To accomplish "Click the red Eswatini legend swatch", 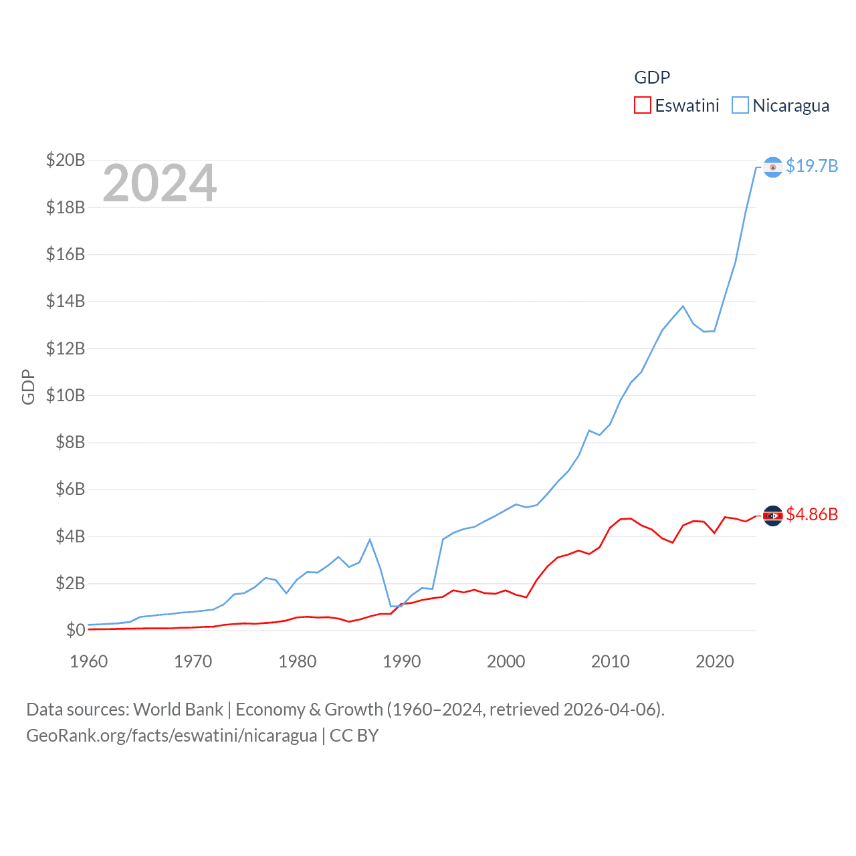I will pos(642,106).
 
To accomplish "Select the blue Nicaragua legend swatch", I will pos(740,106).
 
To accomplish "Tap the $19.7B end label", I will pos(811,166).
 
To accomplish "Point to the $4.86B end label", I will pos(811,514).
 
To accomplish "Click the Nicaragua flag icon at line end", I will pos(772,167).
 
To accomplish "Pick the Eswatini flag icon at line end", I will pos(772,516).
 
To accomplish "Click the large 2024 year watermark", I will pos(159,183).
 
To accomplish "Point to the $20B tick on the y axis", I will pos(66,160).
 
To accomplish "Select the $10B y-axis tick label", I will pos(66,395).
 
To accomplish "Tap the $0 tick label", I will pos(75,630).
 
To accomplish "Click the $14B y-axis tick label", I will pos(66,301).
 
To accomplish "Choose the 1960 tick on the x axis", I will pos(89,661).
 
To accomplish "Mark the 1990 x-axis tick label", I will pos(402,661).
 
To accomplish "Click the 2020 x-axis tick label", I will pos(715,661).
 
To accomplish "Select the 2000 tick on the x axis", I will pos(506,661).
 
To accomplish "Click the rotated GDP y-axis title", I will pos(28,387).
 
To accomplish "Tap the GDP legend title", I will pos(652,78).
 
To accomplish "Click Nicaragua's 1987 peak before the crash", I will pos(370,540).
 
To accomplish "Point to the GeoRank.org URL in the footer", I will pos(171,736).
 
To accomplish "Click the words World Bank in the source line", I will pos(178,710).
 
